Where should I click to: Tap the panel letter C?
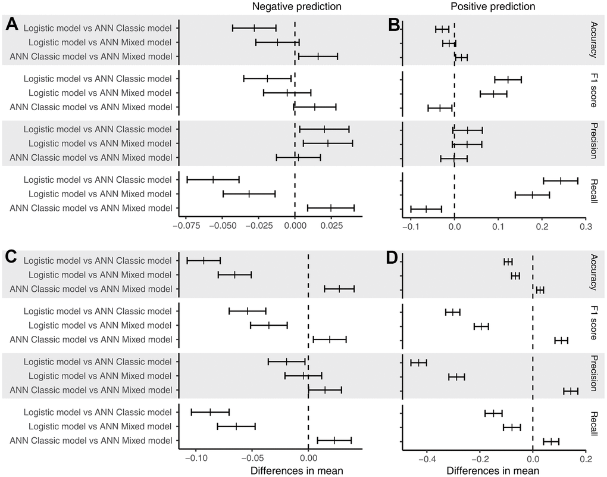click(x=11, y=257)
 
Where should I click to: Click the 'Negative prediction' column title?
click(x=296, y=7)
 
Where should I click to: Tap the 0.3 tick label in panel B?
click(x=586, y=227)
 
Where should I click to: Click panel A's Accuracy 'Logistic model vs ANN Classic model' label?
click(x=100, y=28)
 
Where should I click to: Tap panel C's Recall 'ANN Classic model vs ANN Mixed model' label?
click(x=95, y=441)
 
